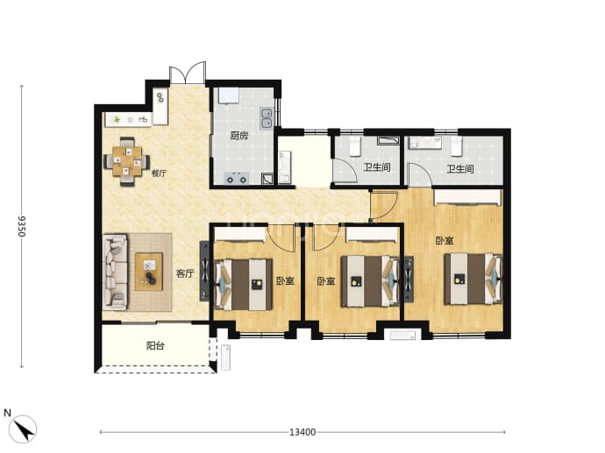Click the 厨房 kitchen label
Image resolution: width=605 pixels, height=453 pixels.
238,135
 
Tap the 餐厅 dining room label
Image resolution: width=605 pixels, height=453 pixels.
159,173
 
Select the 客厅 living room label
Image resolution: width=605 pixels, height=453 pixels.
185,273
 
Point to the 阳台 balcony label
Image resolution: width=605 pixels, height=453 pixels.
155,346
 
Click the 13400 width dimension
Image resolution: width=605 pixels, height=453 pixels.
302,432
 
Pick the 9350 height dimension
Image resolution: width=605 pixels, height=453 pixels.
22,226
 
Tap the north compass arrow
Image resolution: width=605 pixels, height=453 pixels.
23,429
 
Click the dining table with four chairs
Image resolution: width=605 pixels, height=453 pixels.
127,162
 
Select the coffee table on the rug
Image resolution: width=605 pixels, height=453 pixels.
149,272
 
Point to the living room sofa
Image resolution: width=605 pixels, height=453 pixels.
115,272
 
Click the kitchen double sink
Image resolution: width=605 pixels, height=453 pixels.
267,117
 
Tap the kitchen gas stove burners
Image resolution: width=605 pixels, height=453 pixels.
237,178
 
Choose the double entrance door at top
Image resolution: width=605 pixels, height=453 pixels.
188,73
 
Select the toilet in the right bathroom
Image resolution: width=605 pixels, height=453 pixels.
457,145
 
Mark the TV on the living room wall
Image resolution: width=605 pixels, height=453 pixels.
204,271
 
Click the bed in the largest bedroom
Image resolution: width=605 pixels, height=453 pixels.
473,279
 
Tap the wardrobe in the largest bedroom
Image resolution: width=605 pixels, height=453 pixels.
468,197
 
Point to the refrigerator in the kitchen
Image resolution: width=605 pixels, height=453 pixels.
228,96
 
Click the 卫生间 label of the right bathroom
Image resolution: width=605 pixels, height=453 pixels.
460,169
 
